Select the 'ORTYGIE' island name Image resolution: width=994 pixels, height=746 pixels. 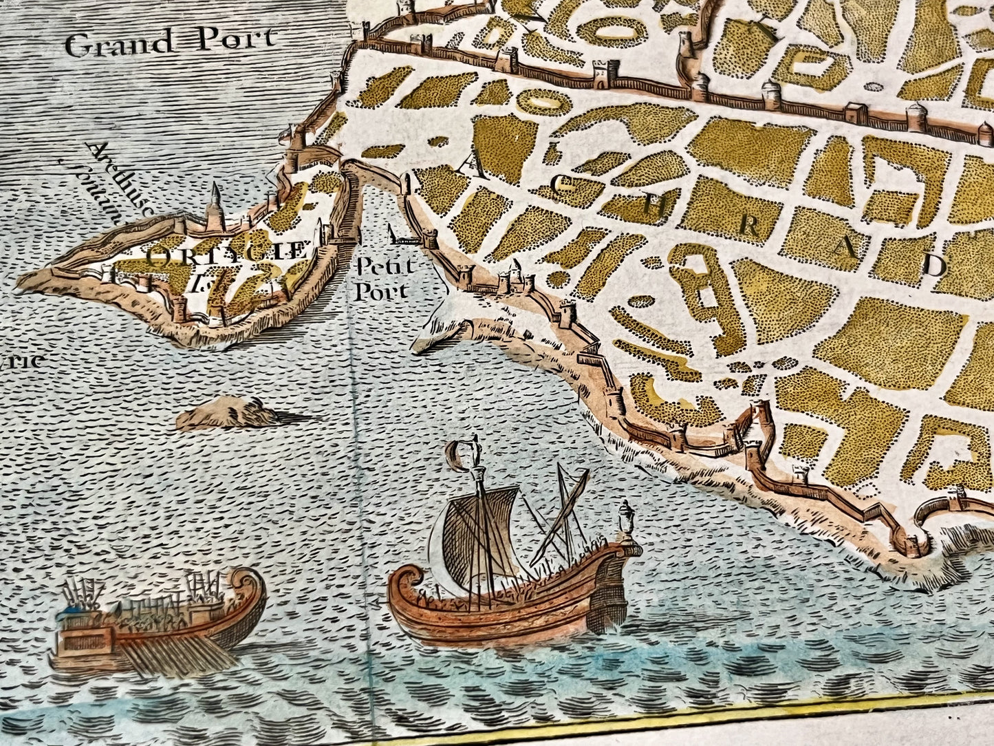[227, 252]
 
